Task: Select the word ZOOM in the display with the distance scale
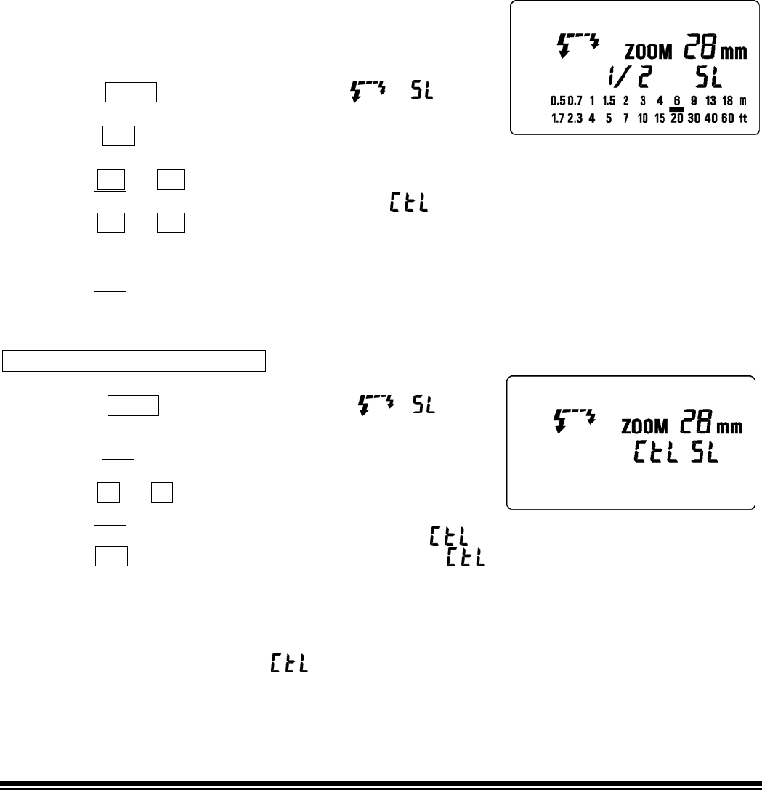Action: click(x=649, y=52)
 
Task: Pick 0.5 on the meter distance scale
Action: click(x=558, y=100)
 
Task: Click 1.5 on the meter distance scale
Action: click(x=609, y=100)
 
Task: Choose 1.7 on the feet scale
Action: click(x=557, y=119)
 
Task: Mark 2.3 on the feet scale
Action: click(x=575, y=119)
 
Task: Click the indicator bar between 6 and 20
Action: click(x=676, y=109)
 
